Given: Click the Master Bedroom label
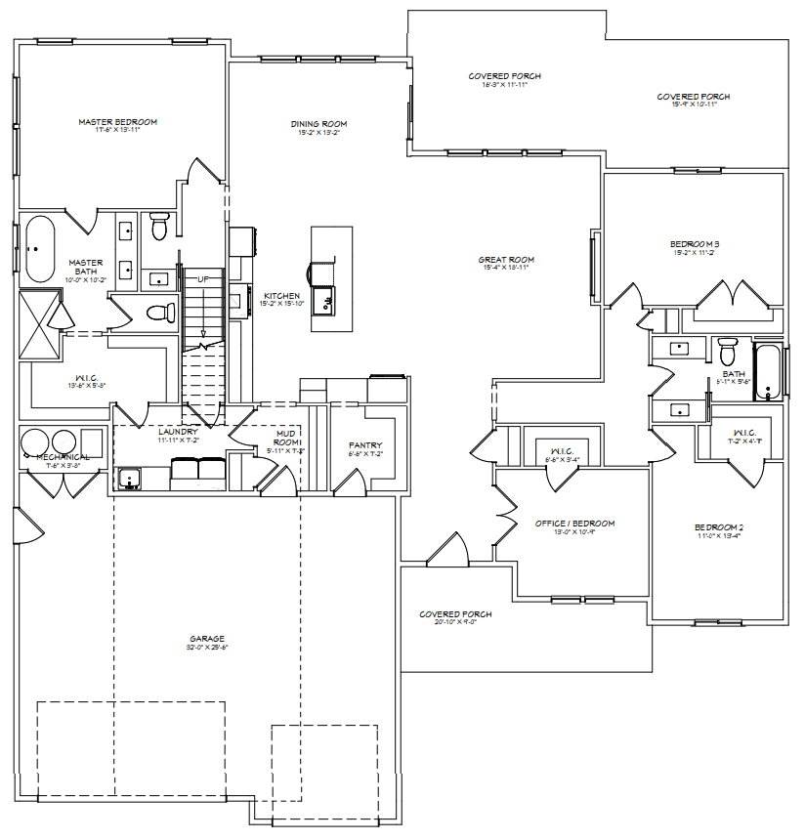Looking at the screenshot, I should click(x=117, y=122).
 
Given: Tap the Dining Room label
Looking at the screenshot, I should click(x=318, y=124).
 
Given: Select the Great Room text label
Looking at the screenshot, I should click(x=506, y=260).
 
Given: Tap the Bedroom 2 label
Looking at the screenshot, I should click(x=718, y=527).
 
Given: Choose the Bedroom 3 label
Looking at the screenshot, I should click(x=695, y=243).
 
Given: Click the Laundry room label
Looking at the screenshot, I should click(x=178, y=431).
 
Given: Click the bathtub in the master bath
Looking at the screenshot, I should click(x=40, y=248).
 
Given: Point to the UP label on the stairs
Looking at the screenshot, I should click(x=203, y=279).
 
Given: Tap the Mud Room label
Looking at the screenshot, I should click(x=287, y=437).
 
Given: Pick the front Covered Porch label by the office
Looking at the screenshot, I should click(x=455, y=614).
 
